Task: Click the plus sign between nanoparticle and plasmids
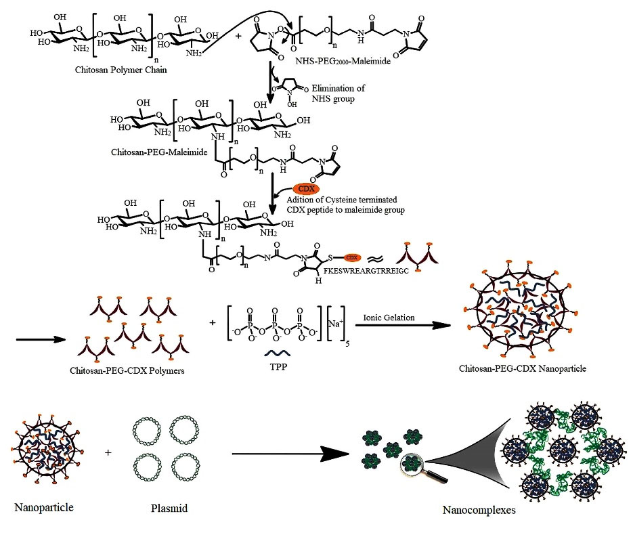tap(108, 452)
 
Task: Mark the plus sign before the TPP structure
tap(213, 322)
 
